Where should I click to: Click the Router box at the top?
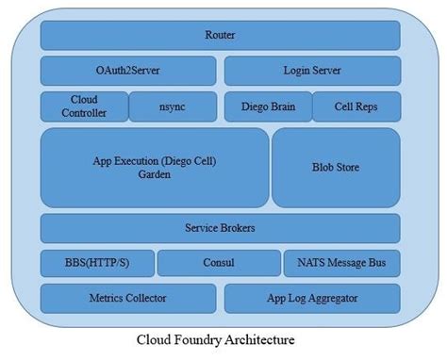(x=220, y=36)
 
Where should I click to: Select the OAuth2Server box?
(x=128, y=72)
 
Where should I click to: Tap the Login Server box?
(x=311, y=72)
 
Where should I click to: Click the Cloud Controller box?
(x=83, y=106)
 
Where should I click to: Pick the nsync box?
(x=172, y=106)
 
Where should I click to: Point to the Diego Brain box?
(x=267, y=106)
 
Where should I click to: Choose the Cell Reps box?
(x=356, y=106)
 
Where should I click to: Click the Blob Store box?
(x=336, y=168)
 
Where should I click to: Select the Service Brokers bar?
(x=220, y=228)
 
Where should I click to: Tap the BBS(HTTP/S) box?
(x=96, y=263)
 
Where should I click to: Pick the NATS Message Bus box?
(x=341, y=263)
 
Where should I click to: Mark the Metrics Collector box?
(x=128, y=299)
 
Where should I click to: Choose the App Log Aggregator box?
(x=311, y=299)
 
